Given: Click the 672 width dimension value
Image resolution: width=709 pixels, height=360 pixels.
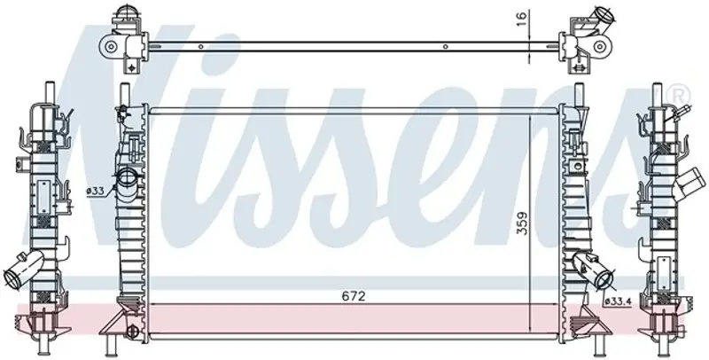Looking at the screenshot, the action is (353, 296).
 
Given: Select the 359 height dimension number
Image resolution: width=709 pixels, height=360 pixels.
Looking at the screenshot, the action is (522, 223).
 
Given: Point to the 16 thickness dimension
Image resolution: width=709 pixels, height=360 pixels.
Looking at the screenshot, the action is (522, 18).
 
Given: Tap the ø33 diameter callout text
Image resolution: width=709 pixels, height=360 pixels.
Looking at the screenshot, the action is (96, 192).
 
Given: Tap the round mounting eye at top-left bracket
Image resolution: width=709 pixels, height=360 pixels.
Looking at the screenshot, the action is (110, 46).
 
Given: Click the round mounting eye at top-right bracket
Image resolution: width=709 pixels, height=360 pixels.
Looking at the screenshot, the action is (600, 46).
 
